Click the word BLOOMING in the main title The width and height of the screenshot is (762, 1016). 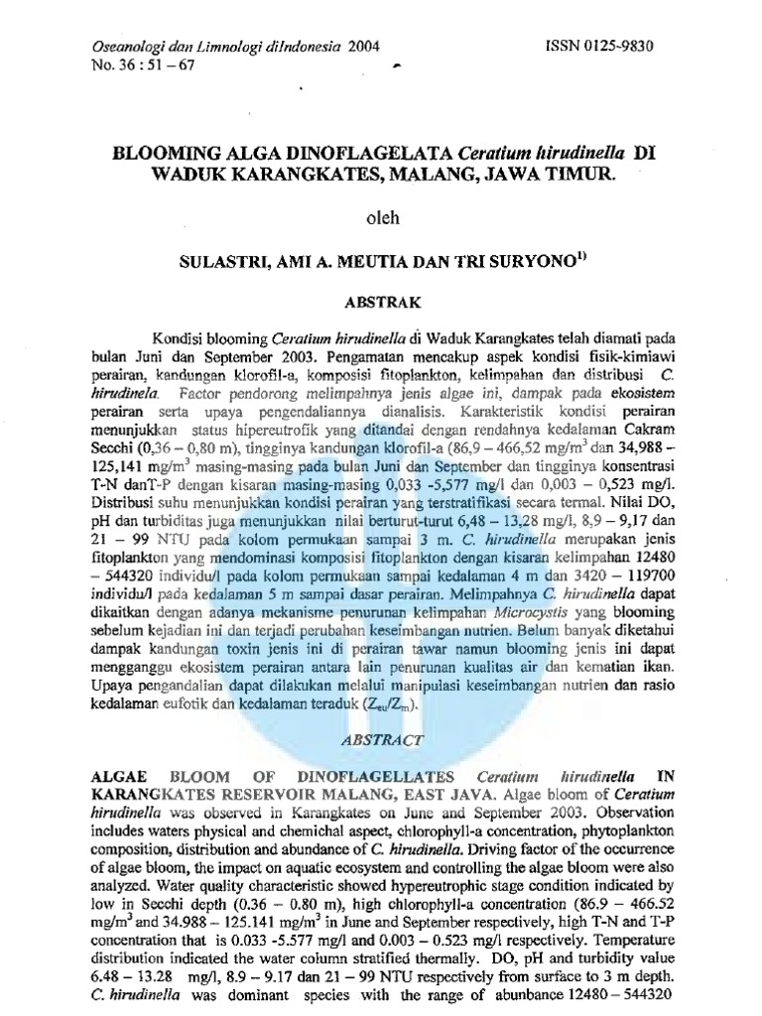click(x=175, y=155)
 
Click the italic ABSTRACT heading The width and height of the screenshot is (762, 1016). click(x=382, y=739)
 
